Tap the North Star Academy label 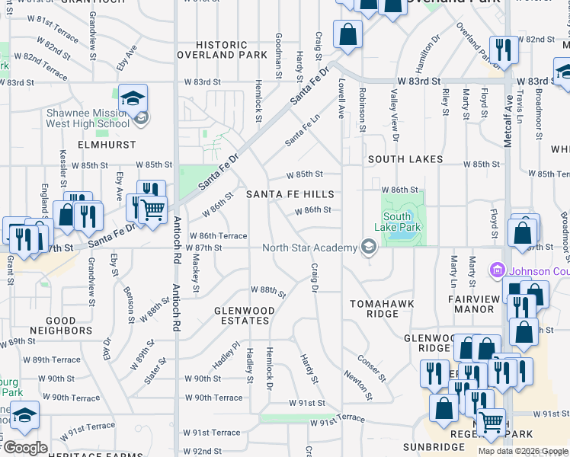pos(309,248)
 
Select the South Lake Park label pos(397,222)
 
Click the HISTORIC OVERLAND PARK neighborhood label pos(222,50)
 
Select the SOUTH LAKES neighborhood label pos(405,159)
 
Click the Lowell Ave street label pos(341,99)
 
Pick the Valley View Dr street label pos(394,114)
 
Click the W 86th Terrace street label pos(218,236)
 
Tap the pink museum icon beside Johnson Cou pos(498,270)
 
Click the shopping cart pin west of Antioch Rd pos(153,209)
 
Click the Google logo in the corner pos(25,448)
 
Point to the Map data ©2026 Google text pos(522,451)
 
